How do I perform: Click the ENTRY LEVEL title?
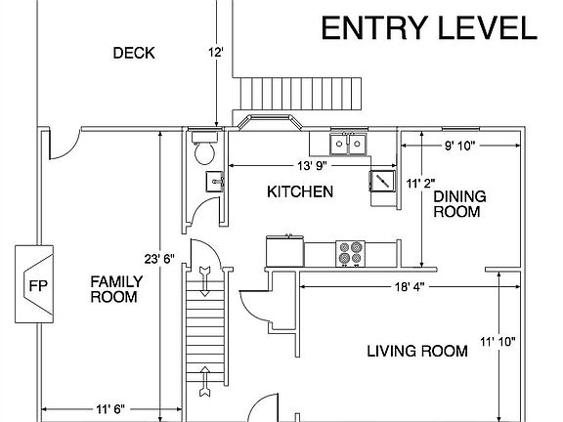tap(429, 28)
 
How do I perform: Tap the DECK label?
tap(134, 53)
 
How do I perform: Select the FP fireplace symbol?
tap(34, 284)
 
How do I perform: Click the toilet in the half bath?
tap(204, 148)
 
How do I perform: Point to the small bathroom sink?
tap(215, 182)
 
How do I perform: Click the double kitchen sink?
tap(348, 144)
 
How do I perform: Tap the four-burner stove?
tap(351, 253)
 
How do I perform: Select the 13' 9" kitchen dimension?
tap(313, 166)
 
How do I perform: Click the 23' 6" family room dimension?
tap(159, 258)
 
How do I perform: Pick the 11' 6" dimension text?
tap(110, 409)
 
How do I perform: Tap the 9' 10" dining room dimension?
tap(460, 146)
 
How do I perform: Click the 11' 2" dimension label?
tap(421, 184)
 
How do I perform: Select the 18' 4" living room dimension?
tap(410, 287)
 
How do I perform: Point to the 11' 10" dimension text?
tap(498, 342)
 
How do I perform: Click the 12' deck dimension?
tap(216, 53)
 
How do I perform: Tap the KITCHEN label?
tap(300, 192)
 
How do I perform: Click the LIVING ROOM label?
tap(417, 351)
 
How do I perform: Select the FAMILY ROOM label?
tap(116, 289)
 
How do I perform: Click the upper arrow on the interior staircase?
tap(204, 281)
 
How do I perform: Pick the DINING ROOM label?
tap(459, 204)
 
